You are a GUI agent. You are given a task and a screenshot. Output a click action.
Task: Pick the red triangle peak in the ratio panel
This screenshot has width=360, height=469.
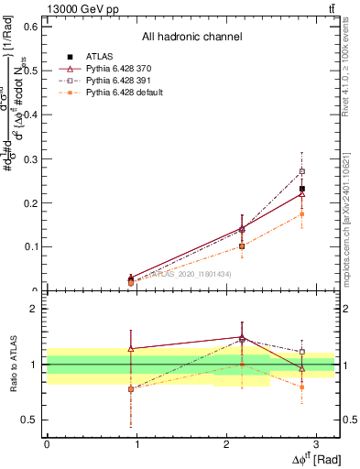(242, 337)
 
